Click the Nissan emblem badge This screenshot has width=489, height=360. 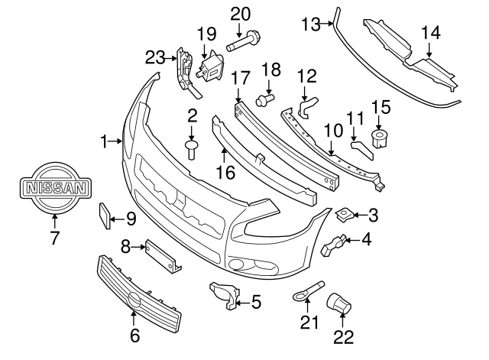point(55,187)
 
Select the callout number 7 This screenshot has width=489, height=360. point(55,238)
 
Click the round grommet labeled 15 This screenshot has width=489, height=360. point(380,138)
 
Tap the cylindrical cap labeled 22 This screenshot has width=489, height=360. point(337,303)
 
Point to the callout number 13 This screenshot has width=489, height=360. point(309,24)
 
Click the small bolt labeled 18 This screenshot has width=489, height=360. point(264,99)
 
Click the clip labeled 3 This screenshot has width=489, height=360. point(345,213)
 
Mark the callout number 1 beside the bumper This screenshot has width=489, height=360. point(103,141)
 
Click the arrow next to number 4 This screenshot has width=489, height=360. point(351,242)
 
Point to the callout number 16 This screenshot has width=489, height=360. point(225,174)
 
